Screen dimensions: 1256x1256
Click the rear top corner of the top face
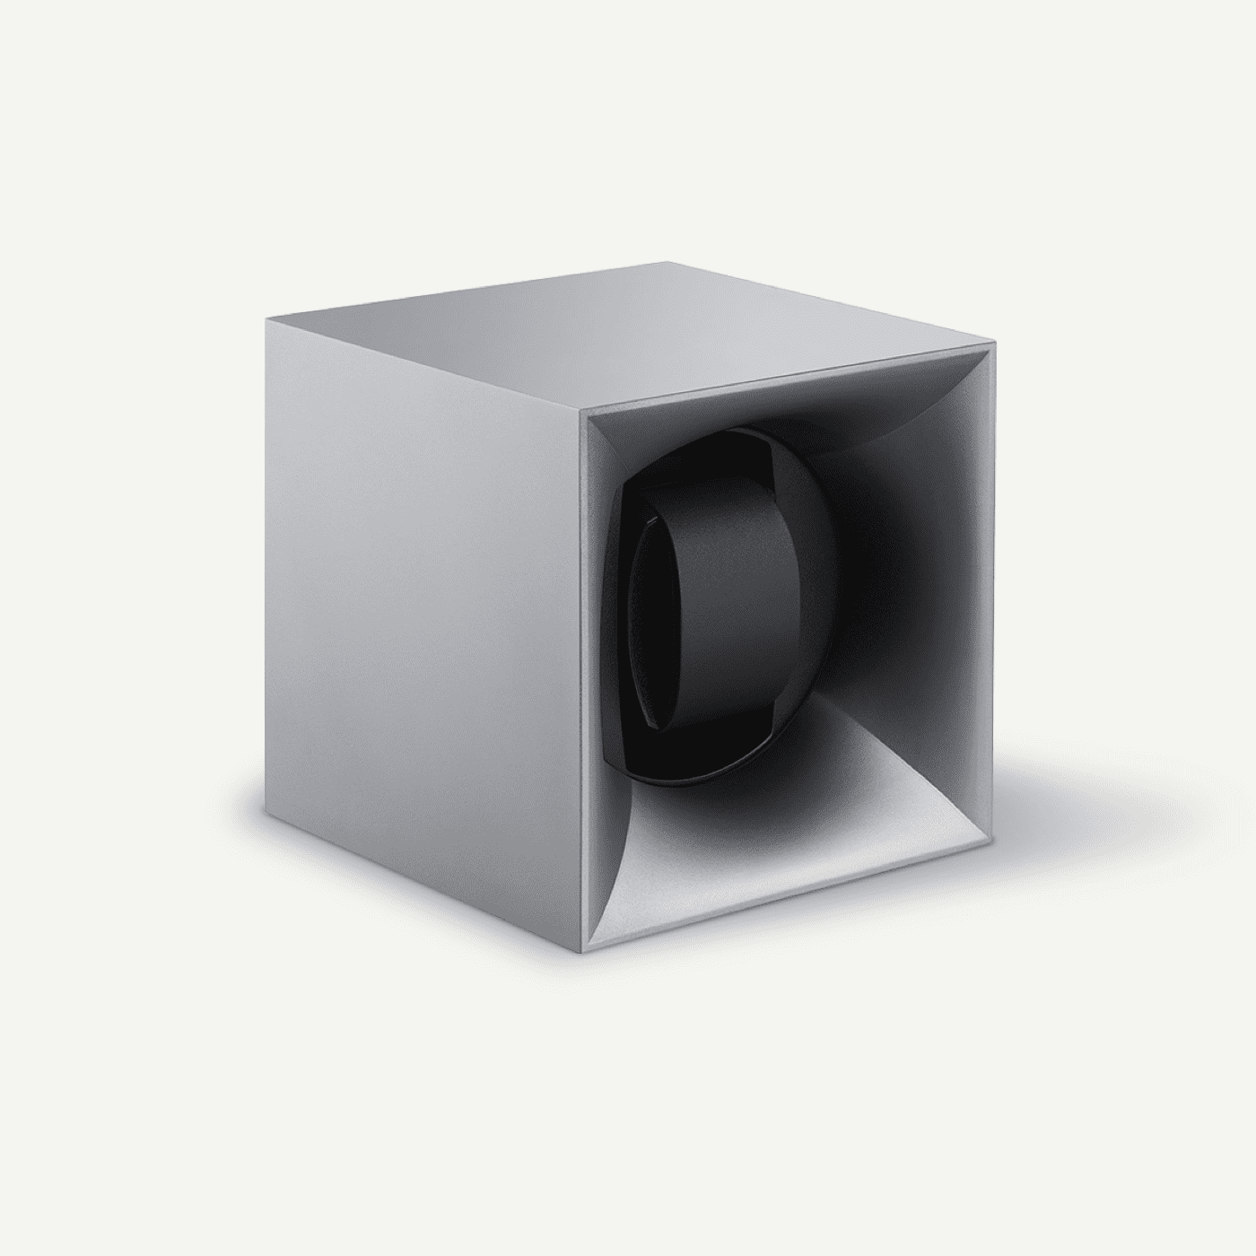665,263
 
